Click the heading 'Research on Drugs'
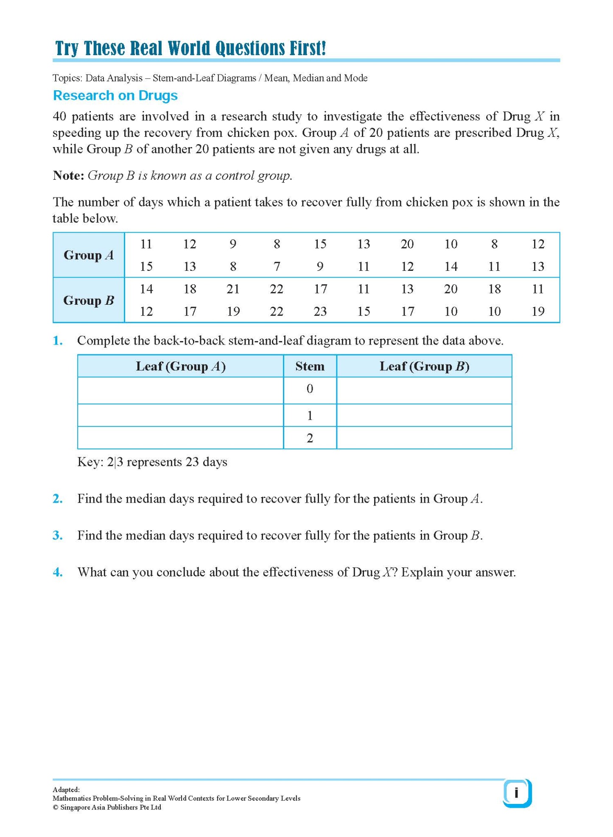point(115,95)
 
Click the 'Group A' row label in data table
point(89,255)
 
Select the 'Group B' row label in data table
point(89,300)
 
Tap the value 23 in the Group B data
point(320,311)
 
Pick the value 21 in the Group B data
point(233,289)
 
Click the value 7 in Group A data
point(277,267)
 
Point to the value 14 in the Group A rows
point(451,267)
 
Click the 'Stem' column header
point(310,366)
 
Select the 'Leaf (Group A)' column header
point(180,366)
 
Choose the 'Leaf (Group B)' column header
point(424,366)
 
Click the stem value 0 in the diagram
point(310,389)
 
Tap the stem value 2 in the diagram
point(310,438)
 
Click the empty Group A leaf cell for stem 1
point(180,415)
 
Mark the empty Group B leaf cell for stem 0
point(424,390)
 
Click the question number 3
point(58,536)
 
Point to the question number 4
point(58,573)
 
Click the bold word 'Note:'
point(68,175)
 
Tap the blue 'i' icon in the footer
point(516,793)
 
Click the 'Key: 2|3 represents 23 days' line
point(152,462)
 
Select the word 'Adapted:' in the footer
point(66,790)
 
